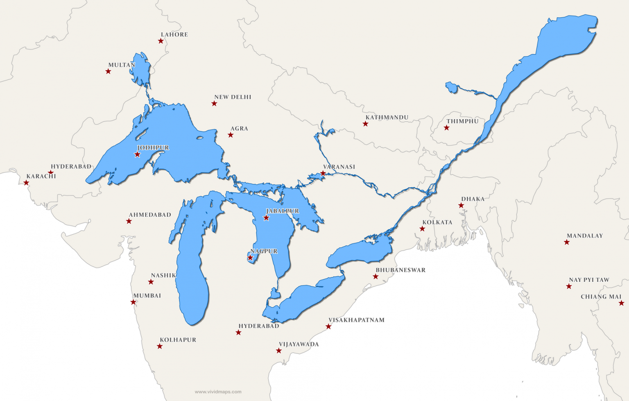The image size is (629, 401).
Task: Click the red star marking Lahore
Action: (x=161, y=41)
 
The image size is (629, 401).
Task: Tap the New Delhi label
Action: (x=233, y=97)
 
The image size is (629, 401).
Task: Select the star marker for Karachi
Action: (x=26, y=183)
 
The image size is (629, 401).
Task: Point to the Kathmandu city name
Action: (x=387, y=118)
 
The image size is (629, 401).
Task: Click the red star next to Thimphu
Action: (x=446, y=128)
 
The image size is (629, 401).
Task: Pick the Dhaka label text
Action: (x=473, y=199)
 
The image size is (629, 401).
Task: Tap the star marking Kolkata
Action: (x=422, y=229)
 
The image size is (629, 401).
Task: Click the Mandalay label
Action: (x=584, y=236)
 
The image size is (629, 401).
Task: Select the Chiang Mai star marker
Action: (x=621, y=303)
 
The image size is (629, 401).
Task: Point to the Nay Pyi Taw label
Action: (x=589, y=280)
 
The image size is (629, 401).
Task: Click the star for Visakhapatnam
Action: (x=328, y=326)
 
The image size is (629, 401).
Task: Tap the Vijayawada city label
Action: (x=299, y=344)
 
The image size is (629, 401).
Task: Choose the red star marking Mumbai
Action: (x=133, y=302)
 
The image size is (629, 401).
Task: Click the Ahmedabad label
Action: (x=150, y=215)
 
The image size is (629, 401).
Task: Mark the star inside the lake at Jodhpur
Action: (x=137, y=154)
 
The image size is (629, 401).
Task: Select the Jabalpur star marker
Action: (x=266, y=218)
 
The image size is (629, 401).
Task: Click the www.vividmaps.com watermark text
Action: (x=218, y=392)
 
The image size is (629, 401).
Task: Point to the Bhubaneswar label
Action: (x=400, y=270)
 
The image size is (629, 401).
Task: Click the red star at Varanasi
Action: (x=323, y=173)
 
